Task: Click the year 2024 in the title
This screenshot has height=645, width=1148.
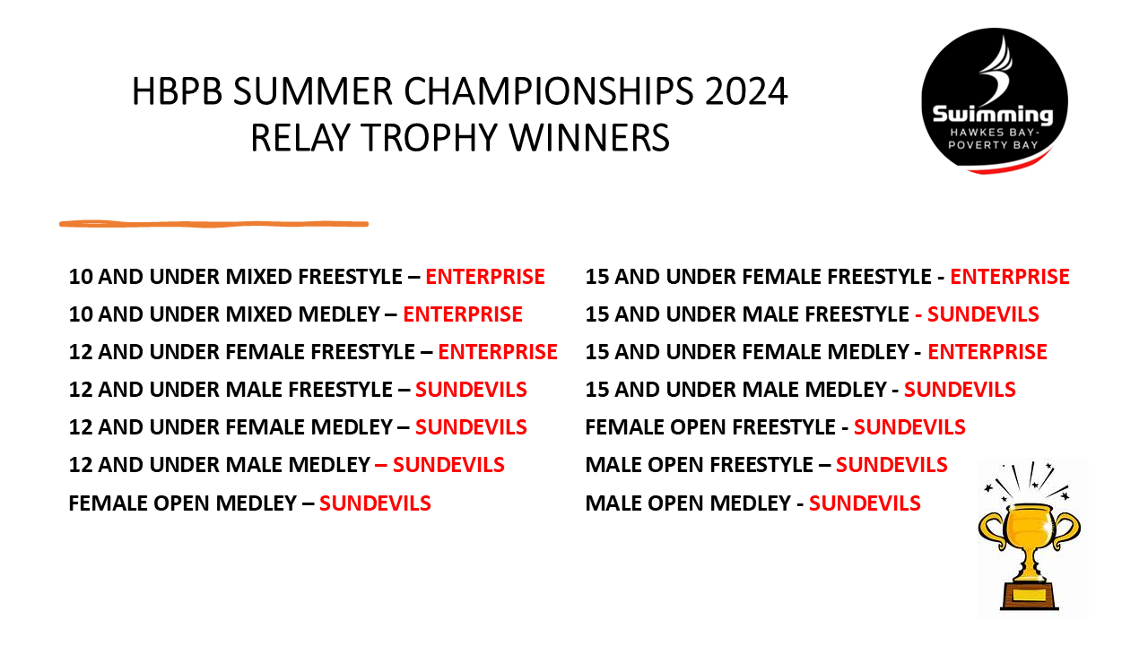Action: (745, 91)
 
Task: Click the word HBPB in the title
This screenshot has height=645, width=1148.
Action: (178, 91)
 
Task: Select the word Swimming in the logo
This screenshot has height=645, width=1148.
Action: (993, 115)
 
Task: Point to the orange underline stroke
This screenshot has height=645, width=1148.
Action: (213, 224)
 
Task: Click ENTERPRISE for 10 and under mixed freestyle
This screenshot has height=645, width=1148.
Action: (485, 277)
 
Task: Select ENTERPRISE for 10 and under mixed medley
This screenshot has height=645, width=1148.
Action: (463, 314)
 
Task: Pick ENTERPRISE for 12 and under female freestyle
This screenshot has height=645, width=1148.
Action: (498, 352)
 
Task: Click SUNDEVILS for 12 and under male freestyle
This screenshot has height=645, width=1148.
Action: (471, 390)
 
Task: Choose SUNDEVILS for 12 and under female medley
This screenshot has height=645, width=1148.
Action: (471, 427)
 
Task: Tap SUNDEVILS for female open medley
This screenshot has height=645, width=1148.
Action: (375, 503)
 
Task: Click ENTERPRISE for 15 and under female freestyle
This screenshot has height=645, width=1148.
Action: (1010, 277)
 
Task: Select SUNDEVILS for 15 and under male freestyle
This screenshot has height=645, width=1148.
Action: (983, 314)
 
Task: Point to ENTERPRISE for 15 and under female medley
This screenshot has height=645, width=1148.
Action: (987, 352)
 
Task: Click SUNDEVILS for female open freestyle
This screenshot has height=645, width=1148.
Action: (909, 427)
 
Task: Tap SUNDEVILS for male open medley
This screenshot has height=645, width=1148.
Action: (865, 503)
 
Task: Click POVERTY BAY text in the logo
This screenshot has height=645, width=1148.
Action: (993, 145)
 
